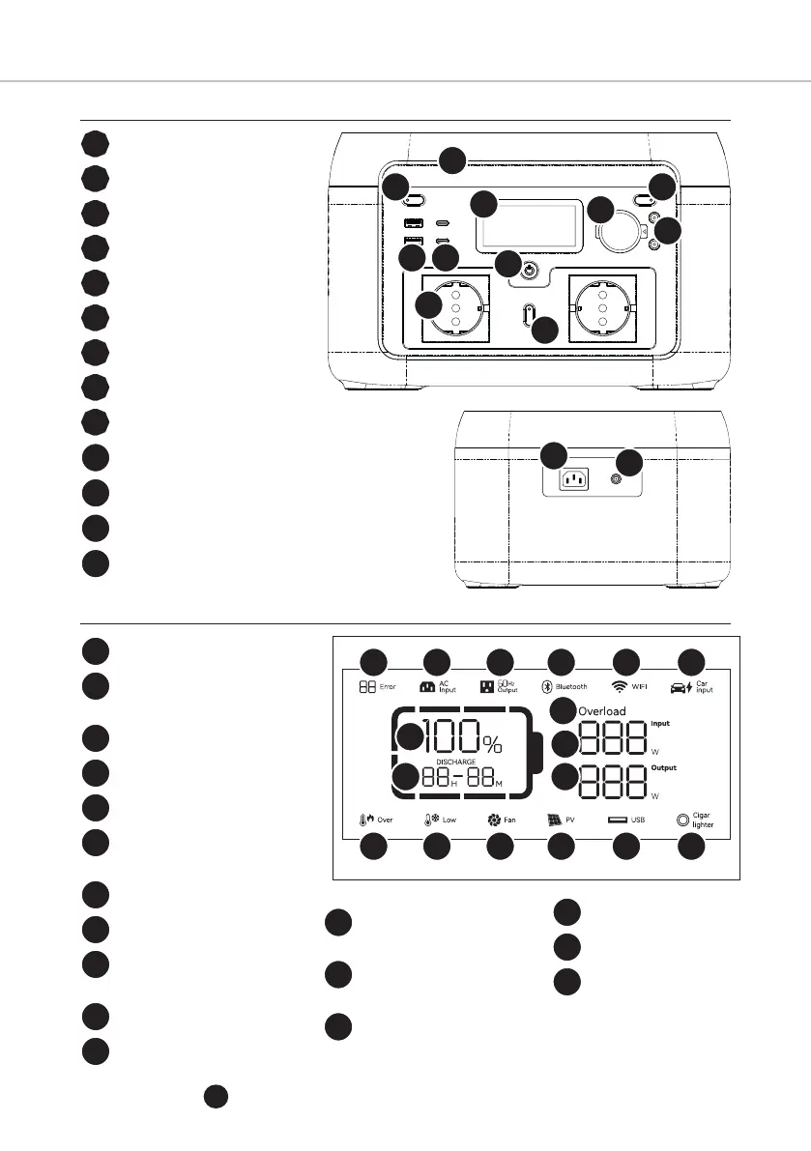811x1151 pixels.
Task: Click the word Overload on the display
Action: click(602, 711)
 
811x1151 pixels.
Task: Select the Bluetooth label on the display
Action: click(570, 687)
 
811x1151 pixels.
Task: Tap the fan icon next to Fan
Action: click(494, 820)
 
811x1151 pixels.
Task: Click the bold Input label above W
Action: click(660, 723)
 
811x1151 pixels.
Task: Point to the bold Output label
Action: click(663, 768)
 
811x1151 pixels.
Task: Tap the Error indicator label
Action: click(388, 687)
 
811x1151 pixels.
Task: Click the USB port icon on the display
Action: click(617, 820)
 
